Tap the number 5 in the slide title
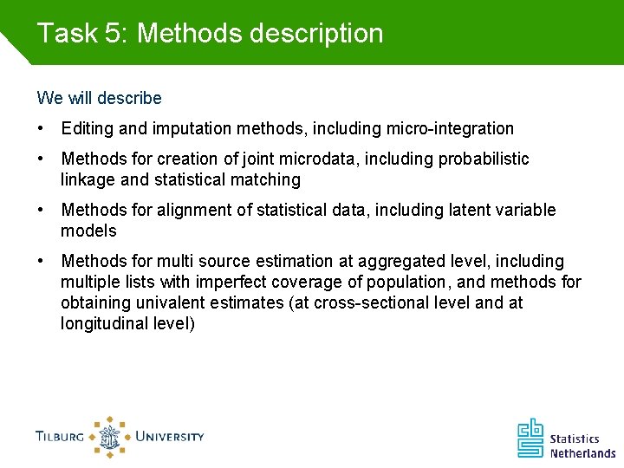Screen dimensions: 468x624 [x=113, y=34]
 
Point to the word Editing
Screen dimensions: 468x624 [x=88, y=129]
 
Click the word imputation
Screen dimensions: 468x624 [x=191, y=129]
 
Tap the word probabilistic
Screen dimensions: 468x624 [x=484, y=159]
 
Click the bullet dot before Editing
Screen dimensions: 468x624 [x=41, y=129]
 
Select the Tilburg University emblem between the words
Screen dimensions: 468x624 [x=109, y=436]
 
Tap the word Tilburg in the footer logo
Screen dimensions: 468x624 [x=60, y=436]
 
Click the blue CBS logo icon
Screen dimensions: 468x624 [x=530, y=438]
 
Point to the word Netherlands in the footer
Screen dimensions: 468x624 [x=582, y=452]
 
